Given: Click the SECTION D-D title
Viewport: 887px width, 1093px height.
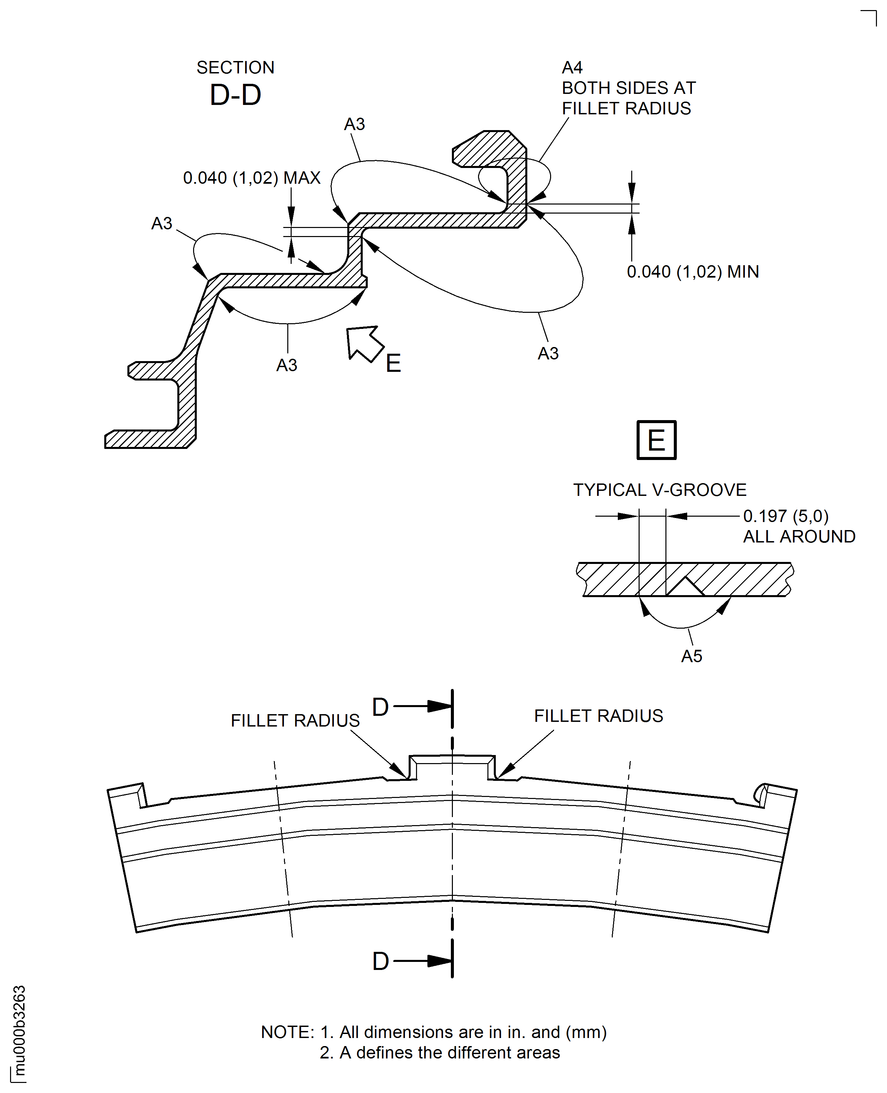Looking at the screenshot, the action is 236,83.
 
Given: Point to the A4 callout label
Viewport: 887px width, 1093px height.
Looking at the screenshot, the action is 572,67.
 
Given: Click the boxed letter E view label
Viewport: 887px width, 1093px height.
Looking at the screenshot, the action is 657,440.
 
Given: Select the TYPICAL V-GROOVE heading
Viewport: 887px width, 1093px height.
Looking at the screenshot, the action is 660,490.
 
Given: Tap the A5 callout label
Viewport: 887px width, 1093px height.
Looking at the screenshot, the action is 692,656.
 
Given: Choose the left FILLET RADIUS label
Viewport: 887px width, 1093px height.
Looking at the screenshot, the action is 295,721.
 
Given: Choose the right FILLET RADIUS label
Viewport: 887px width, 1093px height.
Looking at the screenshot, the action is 599,716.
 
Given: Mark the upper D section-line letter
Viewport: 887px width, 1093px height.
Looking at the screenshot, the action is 381,707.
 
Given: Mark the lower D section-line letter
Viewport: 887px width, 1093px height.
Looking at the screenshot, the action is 381,961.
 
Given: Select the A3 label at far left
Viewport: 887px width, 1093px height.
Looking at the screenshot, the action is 162,223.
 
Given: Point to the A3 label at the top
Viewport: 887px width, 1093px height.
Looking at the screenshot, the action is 355,124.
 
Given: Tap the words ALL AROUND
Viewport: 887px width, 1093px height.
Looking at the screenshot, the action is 799,536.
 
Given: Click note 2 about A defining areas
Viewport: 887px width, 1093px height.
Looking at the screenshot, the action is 440,1053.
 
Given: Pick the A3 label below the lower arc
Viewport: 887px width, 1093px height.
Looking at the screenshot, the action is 287,365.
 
